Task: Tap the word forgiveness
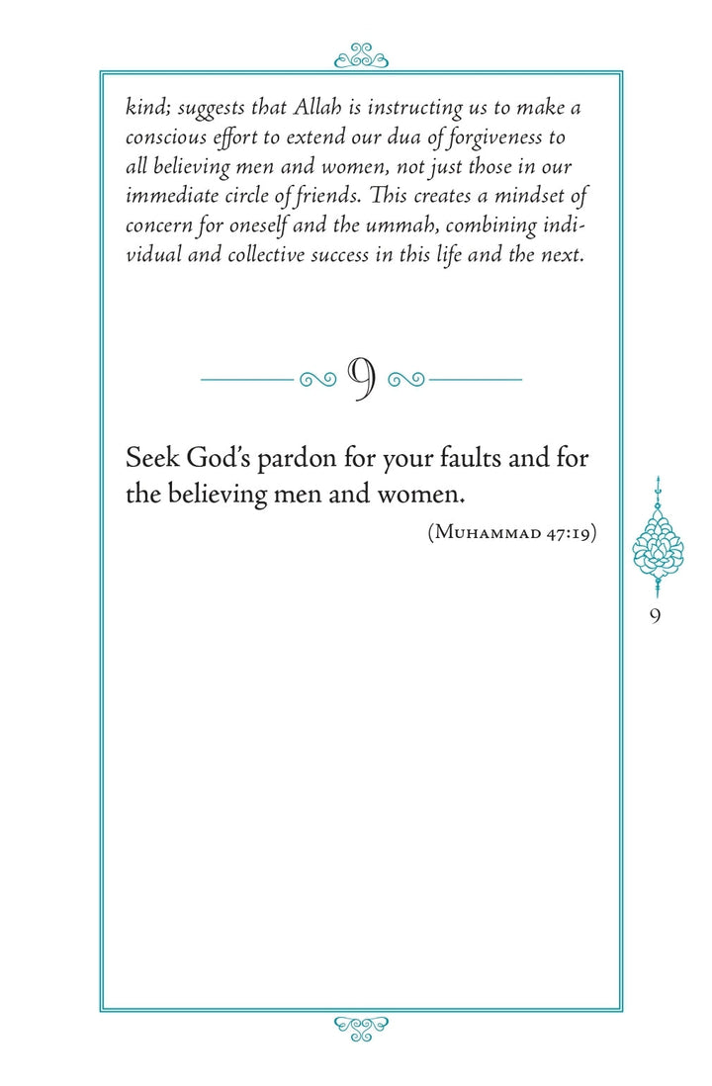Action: (x=520, y=137)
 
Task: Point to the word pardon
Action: (x=301, y=461)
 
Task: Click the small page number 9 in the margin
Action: (x=656, y=615)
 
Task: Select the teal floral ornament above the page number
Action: (x=657, y=539)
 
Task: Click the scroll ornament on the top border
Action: (x=361, y=57)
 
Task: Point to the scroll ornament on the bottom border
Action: (x=361, y=1028)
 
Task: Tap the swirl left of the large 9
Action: (x=317, y=378)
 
